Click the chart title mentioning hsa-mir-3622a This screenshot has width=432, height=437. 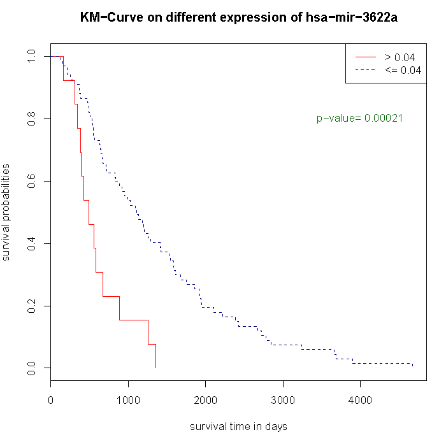pyautogui.click(x=239, y=18)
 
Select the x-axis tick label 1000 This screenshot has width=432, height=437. pyautogui.click(x=128, y=401)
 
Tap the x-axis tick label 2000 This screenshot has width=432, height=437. pyautogui.click(x=205, y=401)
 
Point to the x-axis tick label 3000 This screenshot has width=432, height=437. pyautogui.click(x=282, y=401)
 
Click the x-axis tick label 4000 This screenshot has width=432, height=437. pyautogui.click(x=360, y=401)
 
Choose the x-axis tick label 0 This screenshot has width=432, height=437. pyautogui.click(x=51, y=401)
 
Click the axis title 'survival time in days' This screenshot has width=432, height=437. pyautogui.click(x=238, y=426)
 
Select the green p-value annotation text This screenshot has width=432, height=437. pyautogui.click(x=359, y=118)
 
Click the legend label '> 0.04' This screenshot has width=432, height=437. pyautogui.click(x=400, y=57)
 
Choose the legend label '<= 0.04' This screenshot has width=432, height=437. pyautogui.click(x=403, y=70)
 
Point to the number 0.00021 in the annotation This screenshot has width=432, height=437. pyautogui.click(x=383, y=118)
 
